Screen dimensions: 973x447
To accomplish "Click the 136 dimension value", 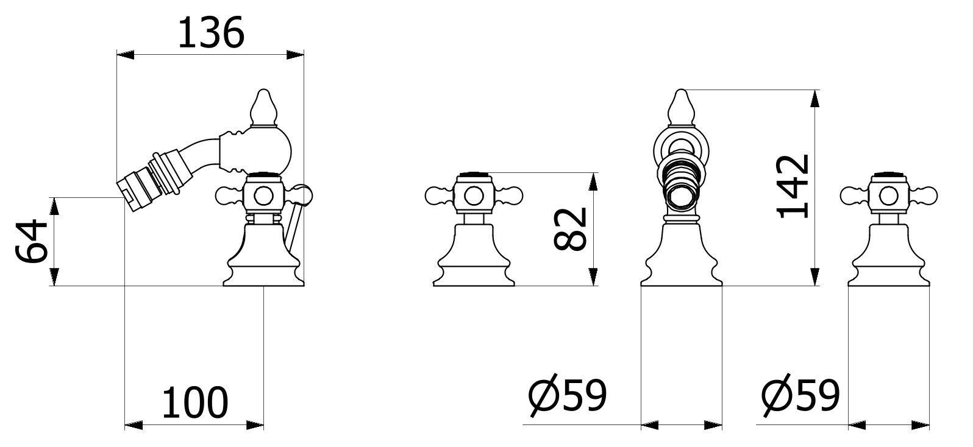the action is (x=212, y=33).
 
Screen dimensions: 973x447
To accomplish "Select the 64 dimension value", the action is (x=31, y=241).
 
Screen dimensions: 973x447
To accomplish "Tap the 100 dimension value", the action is (x=195, y=403).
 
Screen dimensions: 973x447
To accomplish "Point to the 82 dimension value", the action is (x=571, y=230).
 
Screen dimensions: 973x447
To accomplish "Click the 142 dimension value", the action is (x=793, y=186).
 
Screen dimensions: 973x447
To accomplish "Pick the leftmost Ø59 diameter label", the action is (x=568, y=396).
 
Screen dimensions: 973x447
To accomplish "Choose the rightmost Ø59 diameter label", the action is (x=800, y=396).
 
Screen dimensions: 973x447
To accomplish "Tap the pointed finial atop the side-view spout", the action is (x=263, y=107).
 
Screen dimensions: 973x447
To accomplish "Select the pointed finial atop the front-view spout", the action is (x=682, y=107).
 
